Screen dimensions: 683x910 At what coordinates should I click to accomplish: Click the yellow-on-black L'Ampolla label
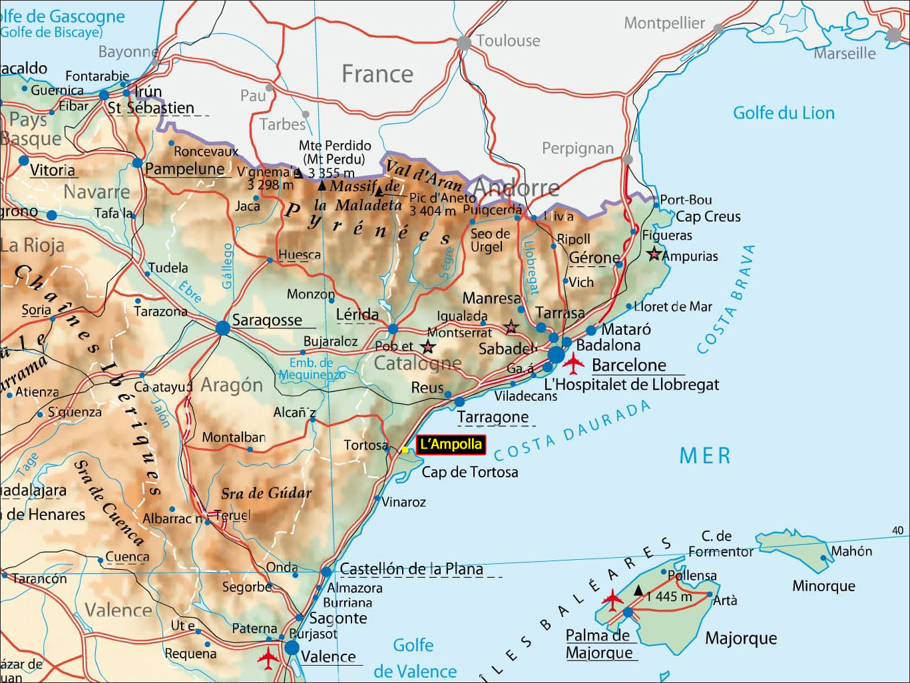tap(451, 445)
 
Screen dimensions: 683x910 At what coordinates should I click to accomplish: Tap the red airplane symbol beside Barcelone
tap(572, 364)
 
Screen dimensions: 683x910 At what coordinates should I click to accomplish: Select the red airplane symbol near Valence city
tap(268, 658)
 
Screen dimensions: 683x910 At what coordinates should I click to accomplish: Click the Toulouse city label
tap(508, 41)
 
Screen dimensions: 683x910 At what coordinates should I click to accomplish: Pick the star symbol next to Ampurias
tap(654, 254)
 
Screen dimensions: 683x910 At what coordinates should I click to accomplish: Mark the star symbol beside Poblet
tap(428, 347)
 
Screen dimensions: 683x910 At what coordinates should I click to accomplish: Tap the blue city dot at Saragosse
tap(223, 328)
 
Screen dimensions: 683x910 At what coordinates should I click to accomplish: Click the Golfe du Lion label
tap(784, 113)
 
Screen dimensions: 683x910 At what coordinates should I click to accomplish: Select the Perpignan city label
tap(577, 148)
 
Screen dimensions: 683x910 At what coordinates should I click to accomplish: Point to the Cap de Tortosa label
tap(470, 472)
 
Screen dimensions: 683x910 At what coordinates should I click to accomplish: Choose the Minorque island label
tap(823, 586)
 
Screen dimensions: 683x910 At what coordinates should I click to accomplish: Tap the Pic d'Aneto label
tap(443, 198)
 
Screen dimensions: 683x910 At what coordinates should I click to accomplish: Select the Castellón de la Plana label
tap(411, 569)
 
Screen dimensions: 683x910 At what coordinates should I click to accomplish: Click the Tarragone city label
tap(493, 417)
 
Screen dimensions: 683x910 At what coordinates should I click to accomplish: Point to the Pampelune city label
tap(184, 169)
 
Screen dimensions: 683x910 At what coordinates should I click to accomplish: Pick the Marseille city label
tap(844, 53)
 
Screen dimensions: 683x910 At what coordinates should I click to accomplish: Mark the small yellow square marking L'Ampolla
tap(405, 450)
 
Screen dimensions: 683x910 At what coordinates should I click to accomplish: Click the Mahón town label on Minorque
tap(851, 551)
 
